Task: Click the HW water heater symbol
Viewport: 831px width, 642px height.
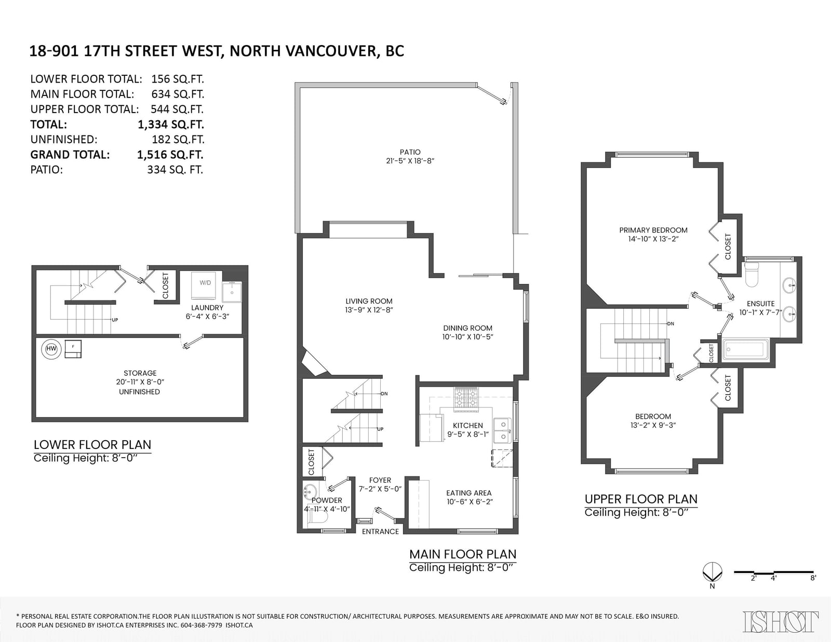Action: click(x=51, y=349)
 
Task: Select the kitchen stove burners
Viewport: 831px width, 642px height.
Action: click(x=466, y=398)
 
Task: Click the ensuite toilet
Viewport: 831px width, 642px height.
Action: click(x=752, y=275)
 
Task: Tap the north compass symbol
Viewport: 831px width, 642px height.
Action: click(x=712, y=572)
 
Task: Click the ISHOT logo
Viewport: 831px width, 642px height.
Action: click(x=781, y=622)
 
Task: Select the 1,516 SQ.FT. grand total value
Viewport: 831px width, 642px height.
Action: click(x=170, y=154)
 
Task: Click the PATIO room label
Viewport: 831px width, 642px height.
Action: click(x=410, y=152)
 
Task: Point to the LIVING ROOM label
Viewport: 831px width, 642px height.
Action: click(x=369, y=301)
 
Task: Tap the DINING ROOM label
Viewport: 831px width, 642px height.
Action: click(x=468, y=328)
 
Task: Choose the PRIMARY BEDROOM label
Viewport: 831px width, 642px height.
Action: click(x=653, y=230)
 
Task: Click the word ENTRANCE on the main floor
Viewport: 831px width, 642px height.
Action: click(x=380, y=531)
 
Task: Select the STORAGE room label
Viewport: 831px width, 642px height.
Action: click(x=140, y=373)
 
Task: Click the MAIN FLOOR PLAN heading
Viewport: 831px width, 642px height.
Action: click(x=463, y=554)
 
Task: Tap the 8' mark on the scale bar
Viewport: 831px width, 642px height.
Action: click(x=813, y=578)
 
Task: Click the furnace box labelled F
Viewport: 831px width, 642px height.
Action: click(x=73, y=349)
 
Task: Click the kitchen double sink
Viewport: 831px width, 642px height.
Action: click(x=501, y=430)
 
